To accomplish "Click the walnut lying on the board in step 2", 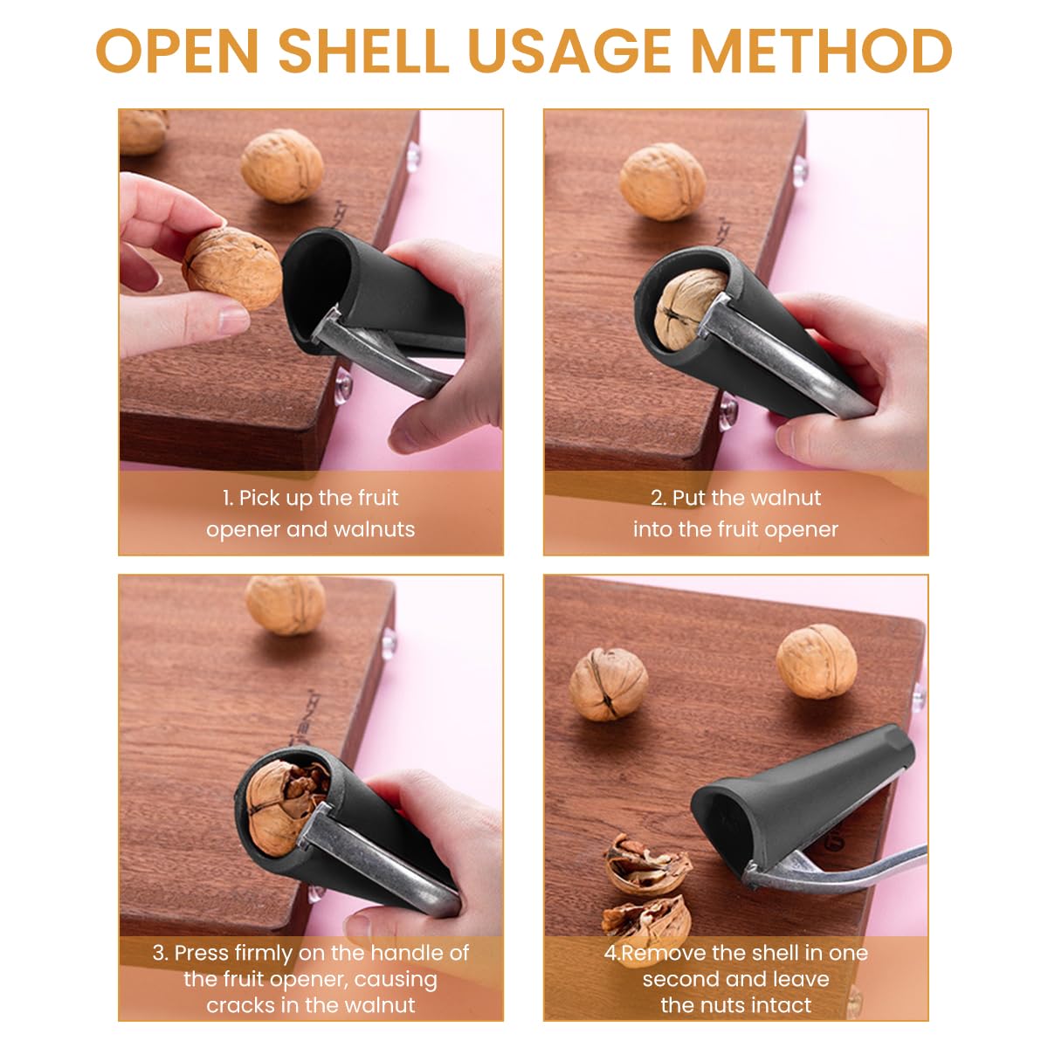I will click(x=662, y=182).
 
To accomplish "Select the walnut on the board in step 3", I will click(x=285, y=603).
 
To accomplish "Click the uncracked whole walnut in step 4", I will click(x=817, y=661).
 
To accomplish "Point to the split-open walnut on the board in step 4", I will click(x=608, y=684).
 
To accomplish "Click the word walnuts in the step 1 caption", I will click(x=372, y=529).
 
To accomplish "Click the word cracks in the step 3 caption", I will click(x=239, y=1005).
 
